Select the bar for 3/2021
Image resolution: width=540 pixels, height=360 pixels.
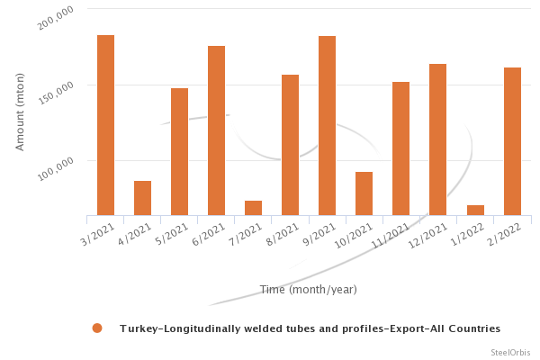coord(105,125)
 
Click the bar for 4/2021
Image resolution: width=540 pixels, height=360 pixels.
coord(142,198)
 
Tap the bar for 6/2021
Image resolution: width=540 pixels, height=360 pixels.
coord(216,130)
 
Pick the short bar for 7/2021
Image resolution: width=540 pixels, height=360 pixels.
coord(253,208)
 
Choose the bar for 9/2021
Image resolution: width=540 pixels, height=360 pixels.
coord(327,126)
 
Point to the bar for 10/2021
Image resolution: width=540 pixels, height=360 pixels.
coord(364,193)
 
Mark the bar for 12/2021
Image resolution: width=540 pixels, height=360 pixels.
coord(437,139)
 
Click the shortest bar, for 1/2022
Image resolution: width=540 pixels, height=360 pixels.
coord(475,210)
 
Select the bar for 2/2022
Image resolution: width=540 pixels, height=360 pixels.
coord(512,141)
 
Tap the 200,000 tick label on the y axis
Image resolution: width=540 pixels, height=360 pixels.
coord(57,18)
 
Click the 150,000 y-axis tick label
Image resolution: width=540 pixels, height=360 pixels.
coord(57,94)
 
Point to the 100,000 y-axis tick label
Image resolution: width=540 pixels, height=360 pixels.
coord(57,168)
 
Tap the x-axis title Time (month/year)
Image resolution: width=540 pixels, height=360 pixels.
coord(308,289)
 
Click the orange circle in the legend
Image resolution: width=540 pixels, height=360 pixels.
coord(97,328)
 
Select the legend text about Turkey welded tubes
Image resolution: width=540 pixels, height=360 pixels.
coord(310,328)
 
